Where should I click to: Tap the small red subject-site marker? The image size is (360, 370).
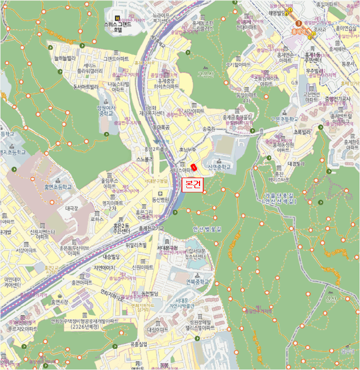[x=194, y=168]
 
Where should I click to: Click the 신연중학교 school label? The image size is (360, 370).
[x=219, y=165]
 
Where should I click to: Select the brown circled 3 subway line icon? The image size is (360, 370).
[x=299, y=23]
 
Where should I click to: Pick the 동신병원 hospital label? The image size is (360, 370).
[x=160, y=199]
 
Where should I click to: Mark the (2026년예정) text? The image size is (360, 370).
[x=93, y=327]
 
